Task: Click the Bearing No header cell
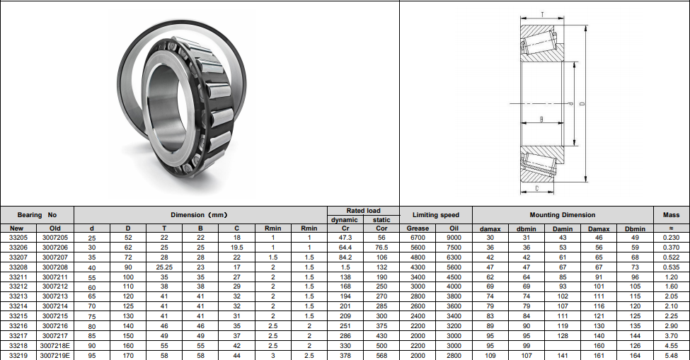pos(37,215)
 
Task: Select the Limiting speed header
pos(436,215)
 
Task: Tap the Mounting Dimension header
pos(563,215)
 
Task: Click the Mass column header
pos(671,215)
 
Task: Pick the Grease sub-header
pos(418,228)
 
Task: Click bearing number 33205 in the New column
pos(18,238)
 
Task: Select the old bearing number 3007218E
pos(55,345)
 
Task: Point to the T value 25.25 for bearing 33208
pos(164,267)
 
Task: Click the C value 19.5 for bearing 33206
pos(237,248)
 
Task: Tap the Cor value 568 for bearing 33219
pos(381,356)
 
